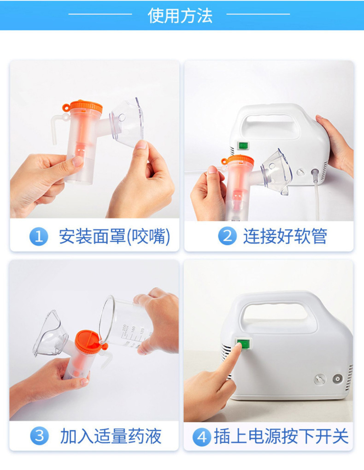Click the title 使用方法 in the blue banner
pos(180,16)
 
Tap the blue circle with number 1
pos(39,237)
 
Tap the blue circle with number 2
pos(227,236)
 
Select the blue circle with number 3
pos(39,436)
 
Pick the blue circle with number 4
pos(202,437)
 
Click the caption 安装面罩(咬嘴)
pos(115,237)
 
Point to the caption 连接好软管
pos(285,236)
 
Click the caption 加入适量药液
pos(111,436)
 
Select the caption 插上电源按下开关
pos(282,436)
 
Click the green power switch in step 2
pos(242,146)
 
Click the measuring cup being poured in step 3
pos(126,324)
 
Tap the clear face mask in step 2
pos(277,171)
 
